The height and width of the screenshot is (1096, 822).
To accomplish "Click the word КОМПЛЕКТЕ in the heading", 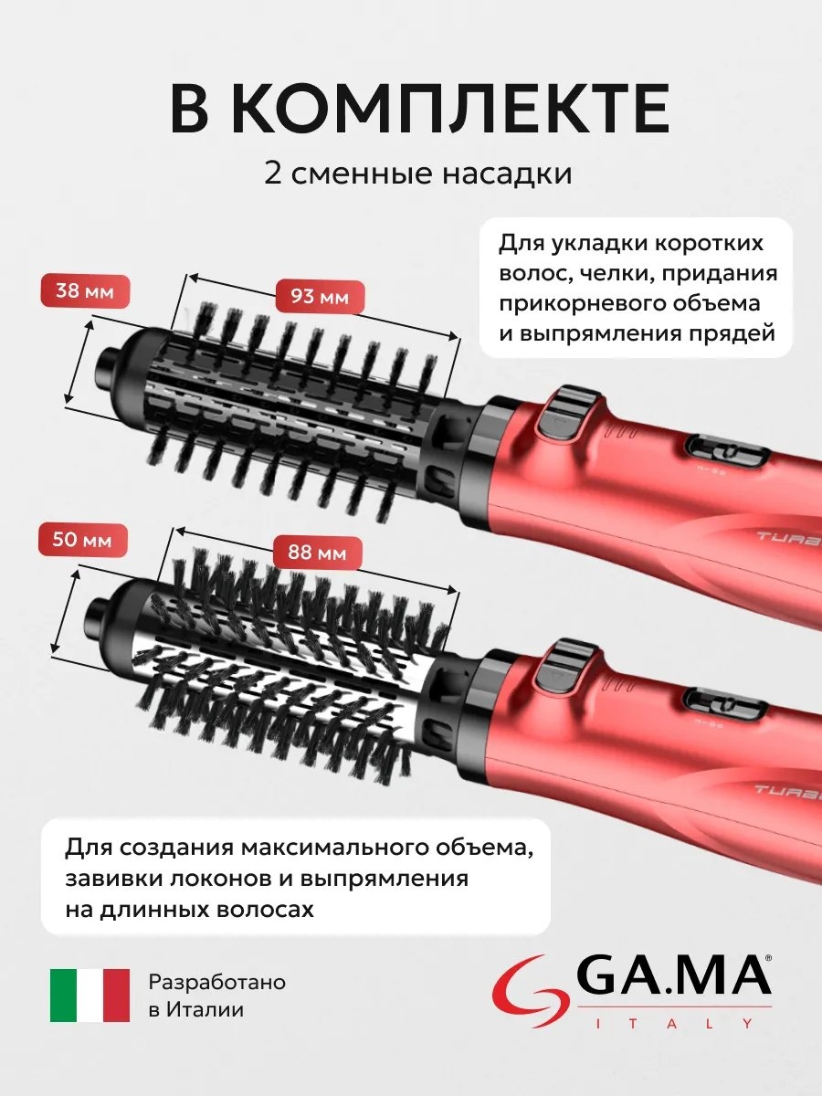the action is [x=452, y=109].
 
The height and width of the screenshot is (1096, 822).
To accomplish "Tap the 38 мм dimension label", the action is [x=85, y=291].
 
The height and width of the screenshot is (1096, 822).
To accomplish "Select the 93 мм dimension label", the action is [x=320, y=298].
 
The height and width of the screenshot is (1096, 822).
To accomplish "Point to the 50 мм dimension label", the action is [x=83, y=541].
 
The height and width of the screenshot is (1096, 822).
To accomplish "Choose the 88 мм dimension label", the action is [x=318, y=553].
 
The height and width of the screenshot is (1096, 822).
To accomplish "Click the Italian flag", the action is [x=90, y=995].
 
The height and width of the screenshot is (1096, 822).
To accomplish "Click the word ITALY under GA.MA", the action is [x=675, y=1023].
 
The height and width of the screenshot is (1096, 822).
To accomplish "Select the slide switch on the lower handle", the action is [x=725, y=703].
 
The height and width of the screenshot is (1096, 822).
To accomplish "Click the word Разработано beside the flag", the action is [x=217, y=982].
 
